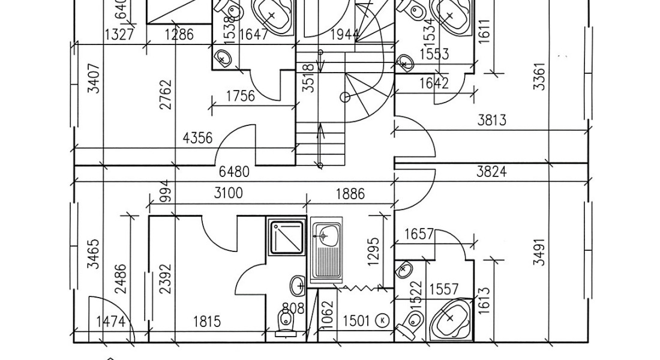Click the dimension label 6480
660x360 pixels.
tap(235, 173)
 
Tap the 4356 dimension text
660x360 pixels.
tap(197, 139)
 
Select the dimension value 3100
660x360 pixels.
tap(228, 193)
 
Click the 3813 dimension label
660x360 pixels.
tap(491, 120)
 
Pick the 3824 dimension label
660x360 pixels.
tap(491, 172)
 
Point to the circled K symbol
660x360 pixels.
tap(382, 320)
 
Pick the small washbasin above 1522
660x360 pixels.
tap(404, 270)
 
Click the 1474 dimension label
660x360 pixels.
tap(110, 322)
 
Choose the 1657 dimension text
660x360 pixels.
tap(419, 234)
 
